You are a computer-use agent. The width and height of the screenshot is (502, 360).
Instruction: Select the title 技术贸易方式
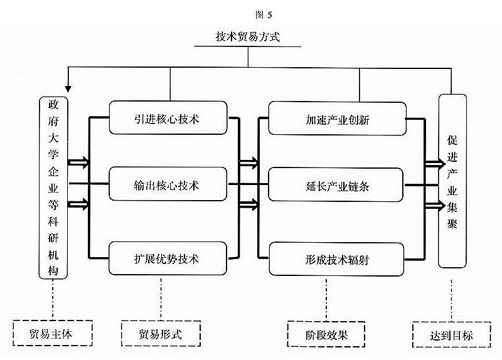[248, 37]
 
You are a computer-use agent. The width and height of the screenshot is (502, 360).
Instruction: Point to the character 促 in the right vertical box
[452, 139]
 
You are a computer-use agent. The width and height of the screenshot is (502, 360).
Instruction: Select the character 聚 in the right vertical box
[452, 225]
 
